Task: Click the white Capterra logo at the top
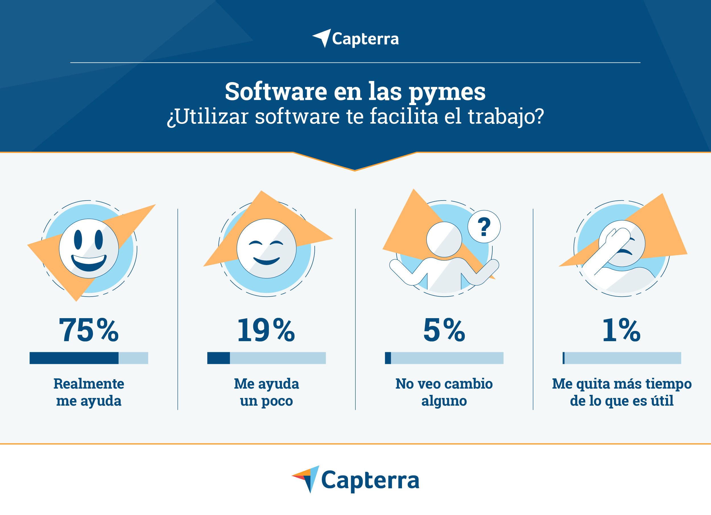pyautogui.click(x=355, y=39)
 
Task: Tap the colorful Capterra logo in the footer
pyautogui.click(x=355, y=479)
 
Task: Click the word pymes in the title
pyautogui.click(x=447, y=92)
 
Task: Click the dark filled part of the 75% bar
pyautogui.click(x=74, y=358)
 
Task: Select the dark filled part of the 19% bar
pyautogui.click(x=219, y=358)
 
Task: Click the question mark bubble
pyautogui.click(x=484, y=226)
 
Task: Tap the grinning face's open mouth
pyautogui.click(x=89, y=263)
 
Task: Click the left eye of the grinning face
pyautogui.click(x=78, y=240)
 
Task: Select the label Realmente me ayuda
pyautogui.click(x=89, y=392)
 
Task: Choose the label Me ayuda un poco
pyautogui.click(x=266, y=392)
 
